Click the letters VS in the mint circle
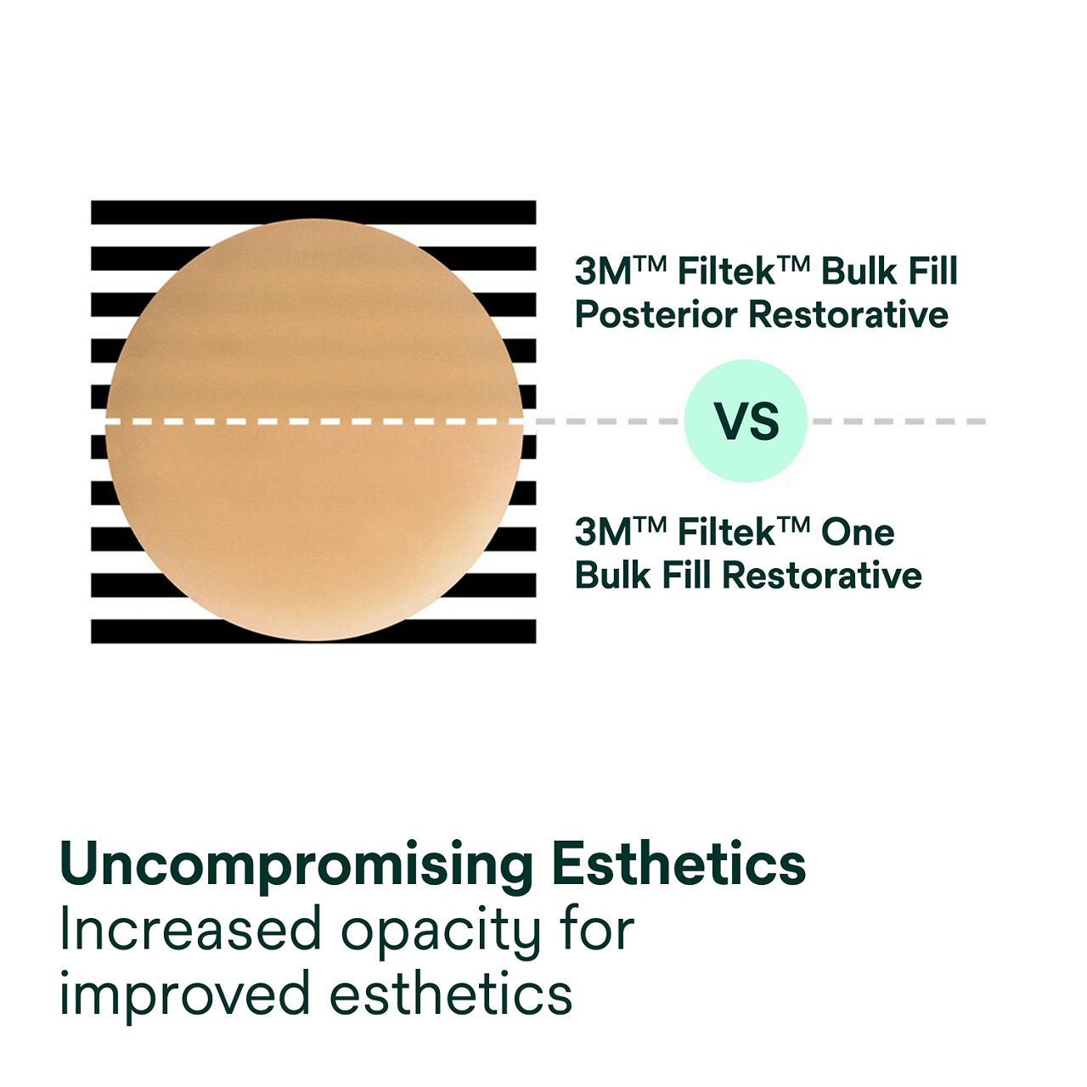[746, 421]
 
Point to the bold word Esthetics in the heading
[678, 865]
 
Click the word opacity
[441, 932]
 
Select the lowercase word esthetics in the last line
[451, 994]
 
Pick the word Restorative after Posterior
[848, 315]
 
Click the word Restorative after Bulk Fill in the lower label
[822, 576]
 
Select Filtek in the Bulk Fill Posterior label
[727, 272]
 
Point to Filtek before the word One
[727, 532]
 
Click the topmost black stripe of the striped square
[313, 212]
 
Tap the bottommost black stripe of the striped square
[313, 631]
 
